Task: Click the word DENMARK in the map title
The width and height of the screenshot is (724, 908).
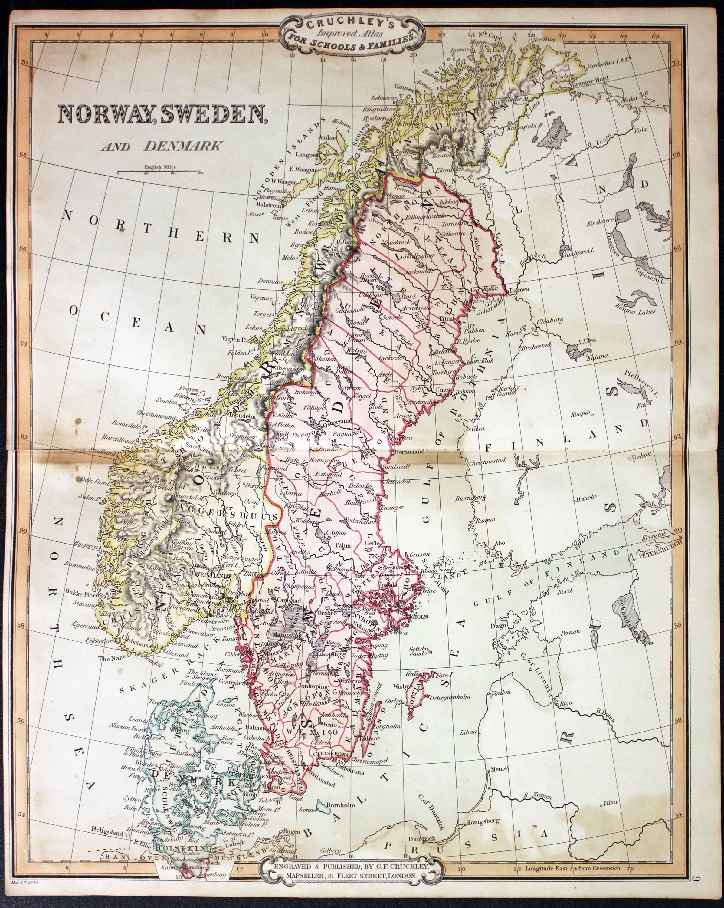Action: (183, 146)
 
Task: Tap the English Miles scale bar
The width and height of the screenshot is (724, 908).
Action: (159, 171)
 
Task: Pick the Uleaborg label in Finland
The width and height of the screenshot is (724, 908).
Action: (549, 321)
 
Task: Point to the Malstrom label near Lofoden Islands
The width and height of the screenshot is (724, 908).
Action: (269, 205)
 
